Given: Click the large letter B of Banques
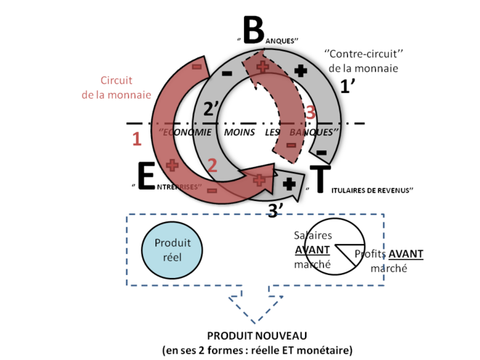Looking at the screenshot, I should [252, 31].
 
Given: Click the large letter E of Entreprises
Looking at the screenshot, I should [146, 176].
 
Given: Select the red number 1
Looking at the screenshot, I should [136, 139].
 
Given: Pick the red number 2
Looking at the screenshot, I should [212, 165].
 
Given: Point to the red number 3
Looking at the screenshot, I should [310, 112].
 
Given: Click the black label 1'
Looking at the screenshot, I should [349, 86].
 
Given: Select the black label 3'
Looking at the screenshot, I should [276, 210].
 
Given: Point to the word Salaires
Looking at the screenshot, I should [313, 236].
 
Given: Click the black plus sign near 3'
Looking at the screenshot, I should [289, 183].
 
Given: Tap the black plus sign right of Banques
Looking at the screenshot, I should [300, 71].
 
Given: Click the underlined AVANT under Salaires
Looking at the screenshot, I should [312, 250].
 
